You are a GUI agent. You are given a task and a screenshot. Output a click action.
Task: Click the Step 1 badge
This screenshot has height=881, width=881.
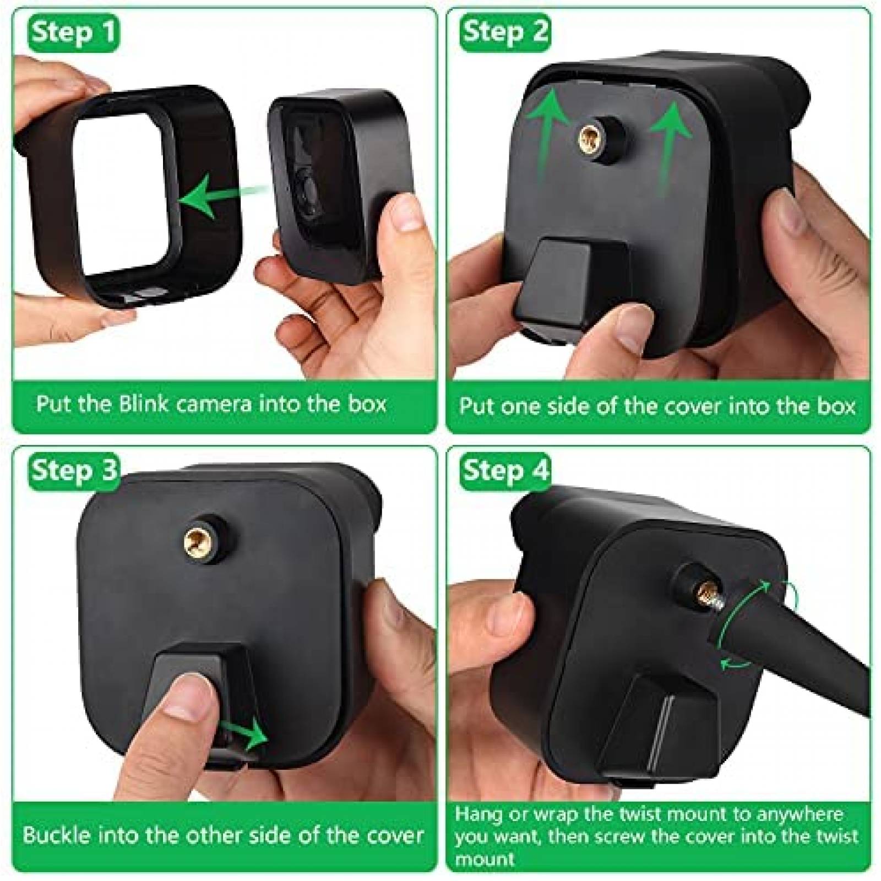point(73,32)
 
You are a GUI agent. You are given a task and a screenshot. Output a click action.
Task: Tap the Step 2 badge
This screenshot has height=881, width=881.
point(505,32)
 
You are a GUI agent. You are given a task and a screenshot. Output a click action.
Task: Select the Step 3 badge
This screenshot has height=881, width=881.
point(74,470)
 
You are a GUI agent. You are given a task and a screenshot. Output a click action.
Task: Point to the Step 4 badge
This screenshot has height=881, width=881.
point(505,470)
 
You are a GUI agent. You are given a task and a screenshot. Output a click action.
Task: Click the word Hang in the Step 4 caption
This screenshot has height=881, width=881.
point(476,814)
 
